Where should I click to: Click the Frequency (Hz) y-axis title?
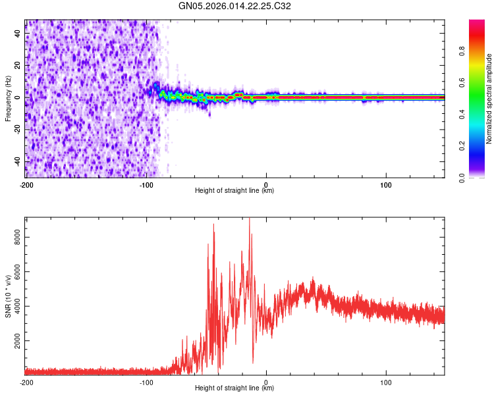coord(8,99)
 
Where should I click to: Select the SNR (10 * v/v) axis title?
coord(8,296)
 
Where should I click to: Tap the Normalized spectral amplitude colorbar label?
coord(489,99)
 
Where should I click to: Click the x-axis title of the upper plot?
coord(234,190)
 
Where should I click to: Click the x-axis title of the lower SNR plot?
coord(234,388)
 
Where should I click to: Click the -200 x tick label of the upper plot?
coord(26,184)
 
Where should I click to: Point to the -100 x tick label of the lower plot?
coord(146,382)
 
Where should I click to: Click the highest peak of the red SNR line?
coord(249,219)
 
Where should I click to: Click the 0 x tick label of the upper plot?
coord(266,184)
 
